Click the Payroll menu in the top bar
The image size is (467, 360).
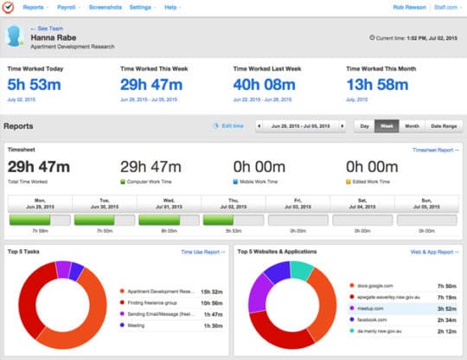pyautogui.click(x=75, y=7)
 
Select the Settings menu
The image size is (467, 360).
pyautogui.click(x=141, y=7)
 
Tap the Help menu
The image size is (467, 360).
pyautogui.click(x=172, y=7)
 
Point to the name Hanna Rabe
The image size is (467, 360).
pyautogui.click(x=53, y=38)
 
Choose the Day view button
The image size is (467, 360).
pyautogui.click(x=365, y=126)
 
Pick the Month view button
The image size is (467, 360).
pyautogui.click(x=412, y=126)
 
